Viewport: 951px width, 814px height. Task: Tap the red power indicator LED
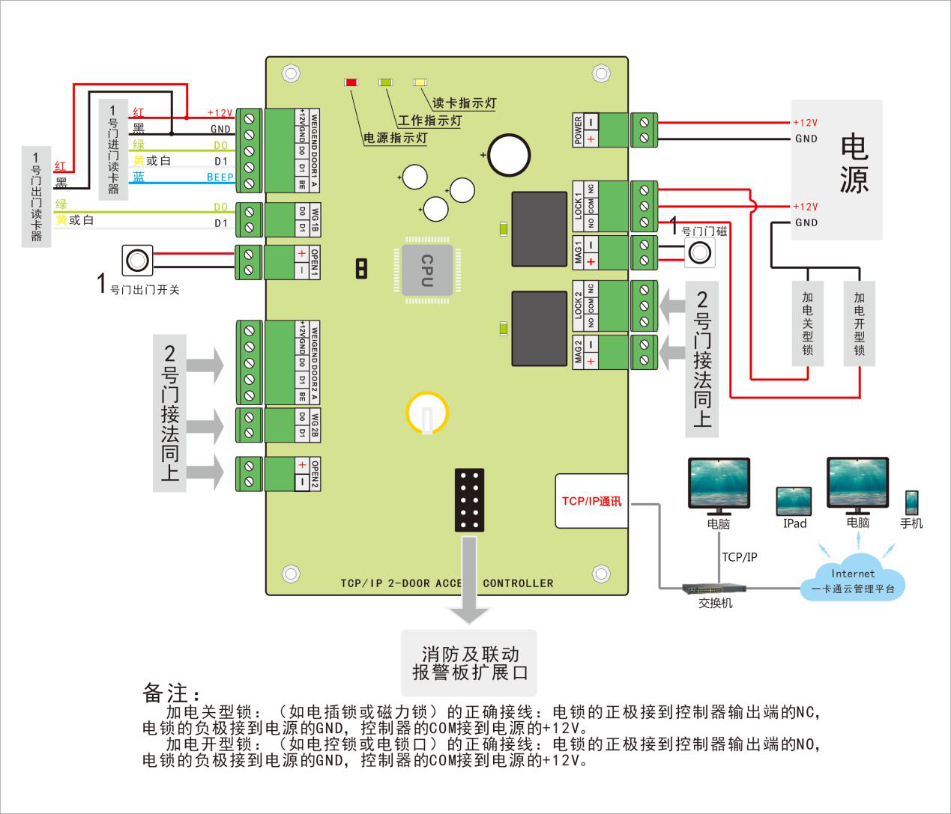tap(351, 82)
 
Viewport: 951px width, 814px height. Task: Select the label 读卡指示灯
tap(464, 103)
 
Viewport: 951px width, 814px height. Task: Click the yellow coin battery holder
tap(427, 413)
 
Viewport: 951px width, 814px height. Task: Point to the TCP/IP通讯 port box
tap(591, 501)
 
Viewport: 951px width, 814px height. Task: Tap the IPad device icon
tap(794, 501)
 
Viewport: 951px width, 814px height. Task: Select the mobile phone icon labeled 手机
tap(911, 502)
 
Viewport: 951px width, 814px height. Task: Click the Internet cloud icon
tap(853, 577)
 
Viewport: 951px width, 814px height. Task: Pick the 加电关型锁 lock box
tap(807, 324)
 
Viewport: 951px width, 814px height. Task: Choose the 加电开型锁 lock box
tap(859, 324)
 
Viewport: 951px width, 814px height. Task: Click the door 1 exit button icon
tap(137, 260)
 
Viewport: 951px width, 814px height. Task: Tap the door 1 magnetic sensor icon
tap(699, 253)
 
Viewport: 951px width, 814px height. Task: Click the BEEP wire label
tap(220, 177)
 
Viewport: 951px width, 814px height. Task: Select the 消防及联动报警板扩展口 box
tap(470, 663)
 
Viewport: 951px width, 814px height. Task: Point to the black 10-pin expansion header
tap(469, 499)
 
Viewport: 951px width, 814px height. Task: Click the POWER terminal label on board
tap(578, 130)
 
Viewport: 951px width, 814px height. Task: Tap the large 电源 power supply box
tap(837, 170)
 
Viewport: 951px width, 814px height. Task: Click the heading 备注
tap(170, 693)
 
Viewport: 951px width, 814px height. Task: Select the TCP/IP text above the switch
tap(739, 557)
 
